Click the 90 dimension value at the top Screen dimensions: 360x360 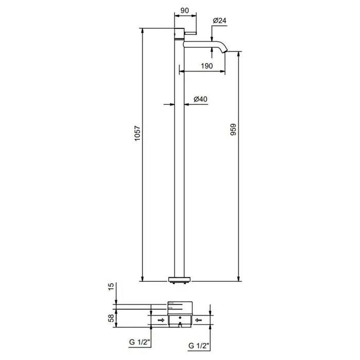pyautogui.click(x=185, y=11)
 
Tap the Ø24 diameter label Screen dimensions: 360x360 pyautogui.click(x=220, y=21)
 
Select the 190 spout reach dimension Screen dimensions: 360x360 pyautogui.click(x=207, y=66)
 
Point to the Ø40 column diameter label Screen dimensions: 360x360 pyautogui.click(x=201, y=99)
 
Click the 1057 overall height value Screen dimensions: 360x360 pyautogui.click(x=137, y=133)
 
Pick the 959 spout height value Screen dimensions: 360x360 pyautogui.click(x=233, y=130)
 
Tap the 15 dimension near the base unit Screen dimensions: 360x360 pyautogui.click(x=111, y=286)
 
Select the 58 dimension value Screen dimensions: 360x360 pyautogui.click(x=111, y=318)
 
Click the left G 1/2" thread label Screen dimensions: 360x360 pyautogui.click(x=139, y=342)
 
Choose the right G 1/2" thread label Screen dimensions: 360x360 pyautogui.click(x=199, y=346)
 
